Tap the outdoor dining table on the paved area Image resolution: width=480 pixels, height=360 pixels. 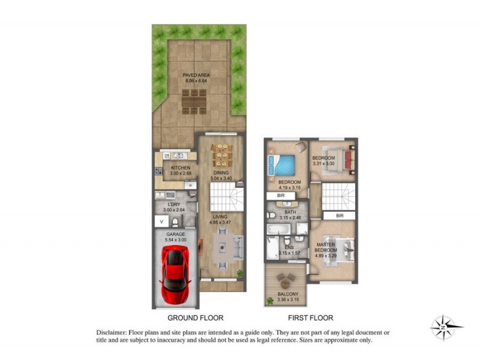point(193,101)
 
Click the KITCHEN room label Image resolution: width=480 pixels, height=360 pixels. point(181,167)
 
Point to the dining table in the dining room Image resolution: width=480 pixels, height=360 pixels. point(223,155)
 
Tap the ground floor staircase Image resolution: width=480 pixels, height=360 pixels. point(227,196)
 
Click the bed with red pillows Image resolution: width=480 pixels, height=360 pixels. point(339,158)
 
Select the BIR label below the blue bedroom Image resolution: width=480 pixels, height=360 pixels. point(280,196)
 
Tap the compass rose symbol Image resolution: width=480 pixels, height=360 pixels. point(446,328)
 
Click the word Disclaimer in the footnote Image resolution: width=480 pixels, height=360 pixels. point(110,332)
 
